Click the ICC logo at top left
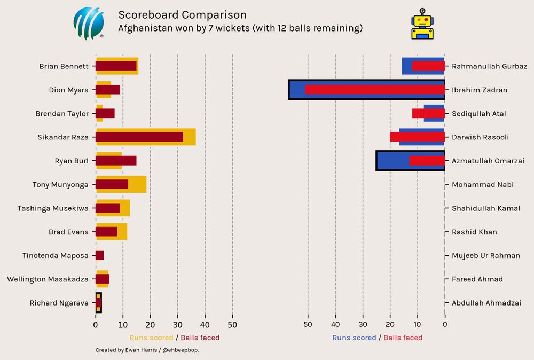tap(88, 24)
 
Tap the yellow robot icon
tap(422, 24)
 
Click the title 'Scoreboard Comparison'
tap(182, 15)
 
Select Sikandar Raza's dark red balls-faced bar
tap(139, 137)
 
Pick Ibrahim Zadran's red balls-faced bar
tap(375, 90)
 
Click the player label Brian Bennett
tap(64, 66)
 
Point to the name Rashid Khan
tap(474, 232)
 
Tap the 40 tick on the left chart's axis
tap(205, 324)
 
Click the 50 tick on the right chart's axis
tap(308, 324)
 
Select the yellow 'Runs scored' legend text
tap(151, 338)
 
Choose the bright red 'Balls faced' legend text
tap(403, 338)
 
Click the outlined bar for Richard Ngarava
tap(98, 303)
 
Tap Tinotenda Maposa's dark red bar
tap(100, 255)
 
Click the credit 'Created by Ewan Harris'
tap(127, 350)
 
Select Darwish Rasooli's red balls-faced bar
tap(417, 137)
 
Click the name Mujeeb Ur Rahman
tap(485, 255)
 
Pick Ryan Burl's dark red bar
tap(116, 161)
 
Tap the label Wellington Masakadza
tap(48, 279)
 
